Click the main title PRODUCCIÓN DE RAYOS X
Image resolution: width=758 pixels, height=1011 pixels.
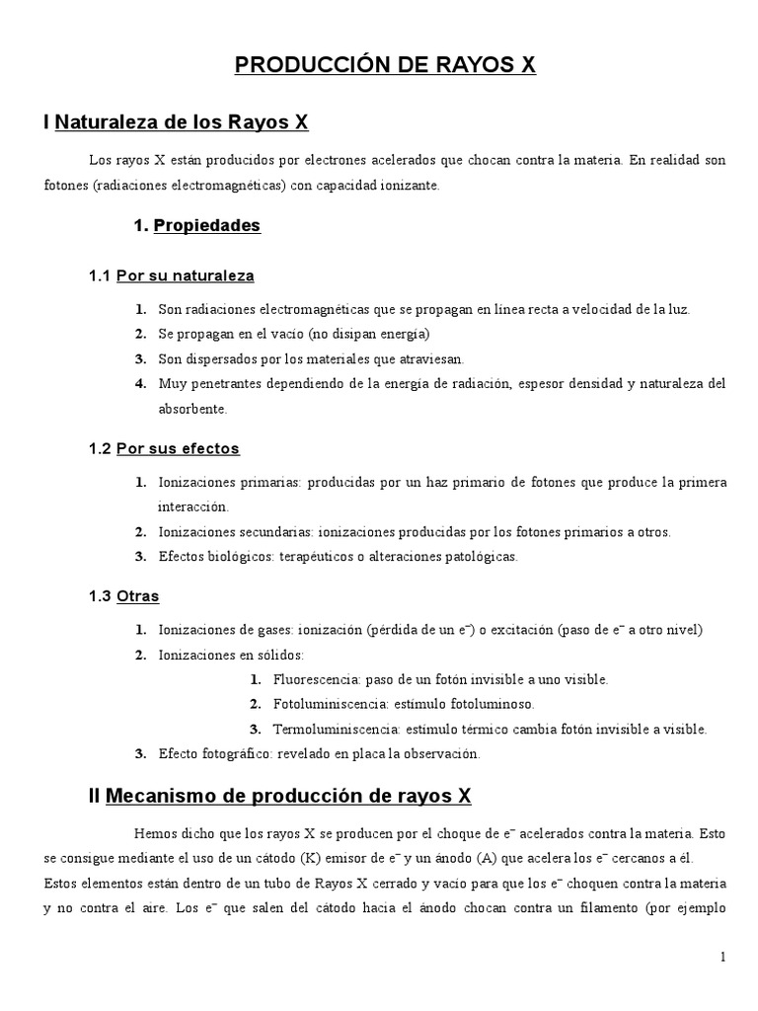[x=385, y=66]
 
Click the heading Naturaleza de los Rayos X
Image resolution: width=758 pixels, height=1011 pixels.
[x=183, y=122]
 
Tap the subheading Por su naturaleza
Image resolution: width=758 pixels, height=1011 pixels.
[x=185, y=275]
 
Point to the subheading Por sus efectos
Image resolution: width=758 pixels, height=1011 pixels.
[x=178, y=448]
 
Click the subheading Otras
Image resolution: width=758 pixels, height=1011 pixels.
[x=137, y=596]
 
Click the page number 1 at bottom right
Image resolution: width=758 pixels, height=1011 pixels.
[x=722, y=957]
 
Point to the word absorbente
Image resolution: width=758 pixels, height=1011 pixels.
[x=192, y=408]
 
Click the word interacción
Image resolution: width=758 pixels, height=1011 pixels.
[x=192, y=506]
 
